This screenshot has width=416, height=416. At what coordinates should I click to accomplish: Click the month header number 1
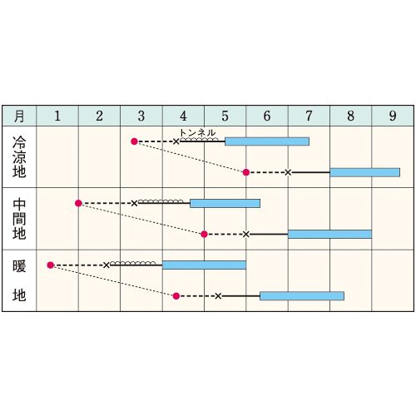57,116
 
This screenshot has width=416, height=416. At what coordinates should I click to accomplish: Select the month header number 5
225,116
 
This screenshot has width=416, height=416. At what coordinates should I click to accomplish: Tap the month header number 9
393,116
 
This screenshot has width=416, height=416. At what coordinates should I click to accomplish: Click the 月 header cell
19,116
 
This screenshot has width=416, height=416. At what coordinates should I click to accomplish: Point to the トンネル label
197,132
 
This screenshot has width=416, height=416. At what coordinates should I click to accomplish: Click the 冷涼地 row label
19,156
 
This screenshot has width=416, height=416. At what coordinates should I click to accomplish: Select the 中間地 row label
19,219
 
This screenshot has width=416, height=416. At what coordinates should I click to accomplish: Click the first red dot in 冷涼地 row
134,141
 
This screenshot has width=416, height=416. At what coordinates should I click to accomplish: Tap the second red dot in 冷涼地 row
246,172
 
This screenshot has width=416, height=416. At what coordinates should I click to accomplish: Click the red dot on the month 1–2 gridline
78,203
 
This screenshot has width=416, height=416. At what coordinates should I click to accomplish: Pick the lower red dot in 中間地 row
204,235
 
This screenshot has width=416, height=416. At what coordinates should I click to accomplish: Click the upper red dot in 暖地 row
50,265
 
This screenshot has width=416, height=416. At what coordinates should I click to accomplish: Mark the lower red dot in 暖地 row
176,296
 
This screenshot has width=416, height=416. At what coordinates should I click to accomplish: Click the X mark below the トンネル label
176,141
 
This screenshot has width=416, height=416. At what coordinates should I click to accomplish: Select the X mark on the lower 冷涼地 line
288,172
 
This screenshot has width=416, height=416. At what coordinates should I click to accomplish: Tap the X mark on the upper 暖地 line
106,265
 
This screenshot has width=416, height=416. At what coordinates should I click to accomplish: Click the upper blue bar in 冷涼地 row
267,141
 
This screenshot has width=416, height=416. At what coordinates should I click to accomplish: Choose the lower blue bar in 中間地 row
329,235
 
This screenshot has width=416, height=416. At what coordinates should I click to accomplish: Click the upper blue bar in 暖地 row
204,265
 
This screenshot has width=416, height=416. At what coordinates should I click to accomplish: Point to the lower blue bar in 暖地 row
302,296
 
